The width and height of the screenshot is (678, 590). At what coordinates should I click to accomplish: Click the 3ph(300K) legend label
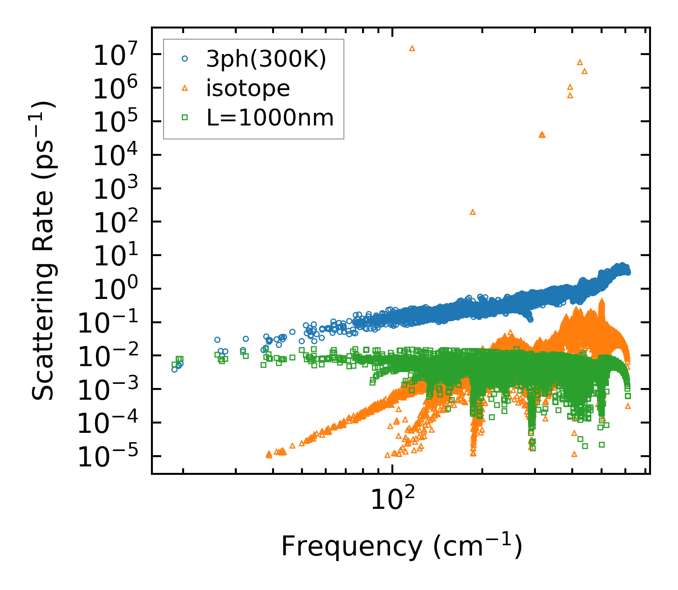[266, 59]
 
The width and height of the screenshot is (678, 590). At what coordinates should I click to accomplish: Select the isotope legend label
[248, 88]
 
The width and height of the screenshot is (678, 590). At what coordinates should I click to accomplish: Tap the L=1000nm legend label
[270, 118]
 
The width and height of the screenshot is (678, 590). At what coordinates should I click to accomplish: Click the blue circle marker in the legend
[185, 59]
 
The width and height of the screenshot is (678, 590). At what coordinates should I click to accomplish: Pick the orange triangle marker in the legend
[185, 88]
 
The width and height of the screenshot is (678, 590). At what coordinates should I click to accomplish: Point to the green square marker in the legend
[185, 118]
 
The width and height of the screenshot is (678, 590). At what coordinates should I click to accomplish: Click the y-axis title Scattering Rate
[43, 250]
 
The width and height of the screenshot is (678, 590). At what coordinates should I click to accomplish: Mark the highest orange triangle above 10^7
[412, 48]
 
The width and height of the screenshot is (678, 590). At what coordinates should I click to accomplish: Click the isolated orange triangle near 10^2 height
[473, 212]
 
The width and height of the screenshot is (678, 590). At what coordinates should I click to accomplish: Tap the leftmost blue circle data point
[174, 369]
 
